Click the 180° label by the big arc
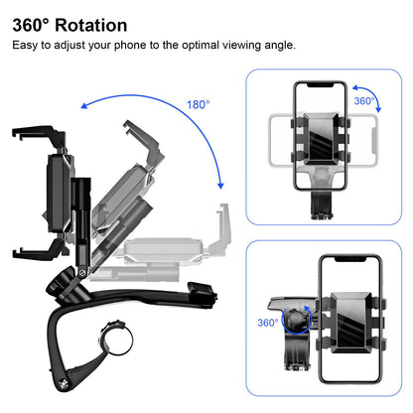[199, 104]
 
